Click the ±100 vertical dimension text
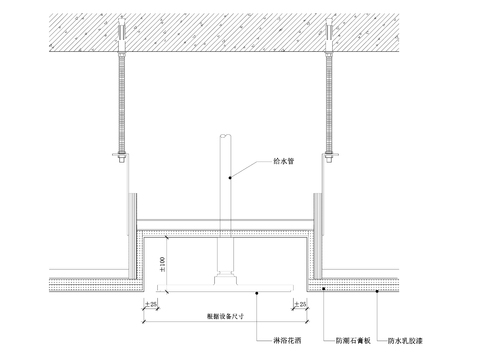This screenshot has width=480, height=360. coord(162,263)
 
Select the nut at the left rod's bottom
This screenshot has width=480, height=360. coord(123,157)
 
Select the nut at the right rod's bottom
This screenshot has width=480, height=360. coord(329,157)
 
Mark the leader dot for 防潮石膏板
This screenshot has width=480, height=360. coord(322,286)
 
